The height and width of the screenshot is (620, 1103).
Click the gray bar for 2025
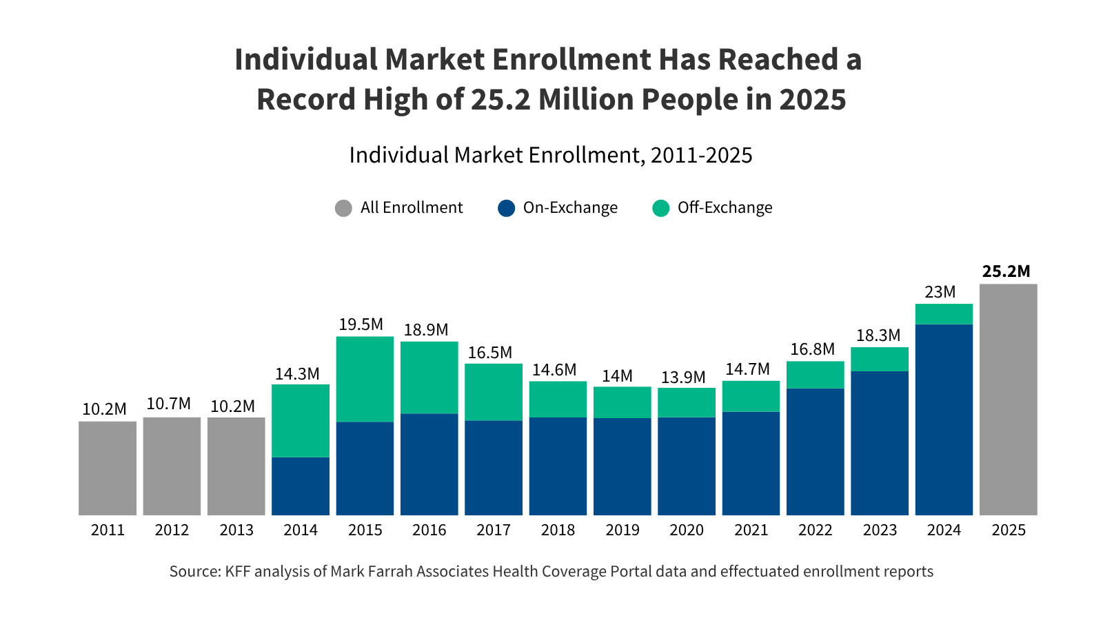click(1008, 400)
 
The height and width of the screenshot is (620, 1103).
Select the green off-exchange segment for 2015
click(365, 379)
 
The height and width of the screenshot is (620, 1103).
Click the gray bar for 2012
click(172, 466)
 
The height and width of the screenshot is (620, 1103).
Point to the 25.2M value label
click(1006, 271)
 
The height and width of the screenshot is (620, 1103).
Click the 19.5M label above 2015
click(361, 324)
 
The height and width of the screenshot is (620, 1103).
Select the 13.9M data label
click(683, 378)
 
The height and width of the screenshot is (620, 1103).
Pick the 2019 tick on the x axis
click(622, 530)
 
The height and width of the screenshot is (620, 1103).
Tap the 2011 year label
click(108, 530)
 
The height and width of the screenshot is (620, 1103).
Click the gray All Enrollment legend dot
click(343, 208)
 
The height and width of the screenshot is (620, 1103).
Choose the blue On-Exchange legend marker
click(506, 208)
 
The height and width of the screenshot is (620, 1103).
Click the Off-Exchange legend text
click(725, 208)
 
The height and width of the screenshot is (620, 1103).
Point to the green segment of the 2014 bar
click(301, 420)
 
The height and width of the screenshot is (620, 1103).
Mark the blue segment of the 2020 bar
click(687, 466)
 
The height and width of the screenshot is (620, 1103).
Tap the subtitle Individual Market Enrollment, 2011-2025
click(551, 155)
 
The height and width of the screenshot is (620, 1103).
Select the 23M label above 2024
click(940, 292)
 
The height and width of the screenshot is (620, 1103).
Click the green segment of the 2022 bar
click(815, 375)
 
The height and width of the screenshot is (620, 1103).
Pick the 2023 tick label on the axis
click(880, 530)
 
